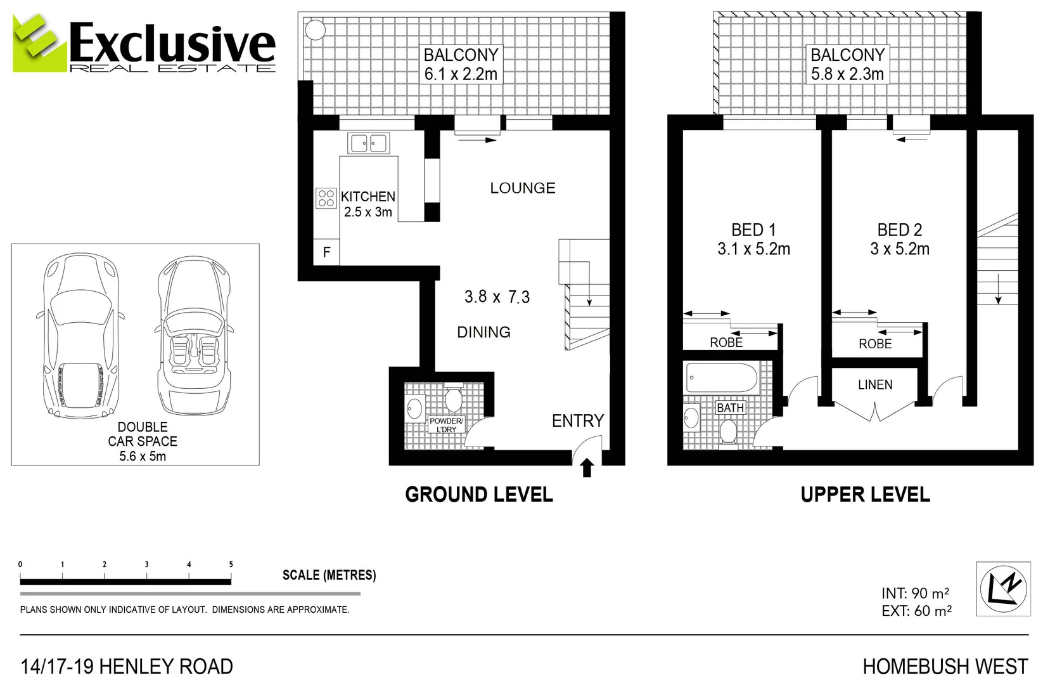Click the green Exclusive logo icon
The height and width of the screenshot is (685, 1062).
(39, 43)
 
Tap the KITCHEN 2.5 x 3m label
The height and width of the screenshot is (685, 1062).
(368, 204)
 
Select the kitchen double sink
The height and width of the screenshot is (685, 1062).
(368, 143)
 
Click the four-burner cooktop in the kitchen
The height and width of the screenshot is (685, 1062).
(326, 199)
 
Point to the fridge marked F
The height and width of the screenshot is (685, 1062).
(326, 252)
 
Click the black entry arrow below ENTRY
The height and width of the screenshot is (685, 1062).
(587, 467)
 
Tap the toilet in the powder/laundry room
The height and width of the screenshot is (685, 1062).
(454, 400)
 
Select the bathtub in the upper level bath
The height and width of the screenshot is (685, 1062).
(722, 378)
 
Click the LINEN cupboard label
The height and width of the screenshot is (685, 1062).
(875, 384)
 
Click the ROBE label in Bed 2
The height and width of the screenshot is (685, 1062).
(875, 344)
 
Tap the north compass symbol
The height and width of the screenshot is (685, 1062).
(1003, 589)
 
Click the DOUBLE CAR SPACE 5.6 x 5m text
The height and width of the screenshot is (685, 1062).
(143, 441)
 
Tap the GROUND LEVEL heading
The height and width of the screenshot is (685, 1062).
(479, 495)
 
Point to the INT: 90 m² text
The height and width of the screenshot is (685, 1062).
(915, 593)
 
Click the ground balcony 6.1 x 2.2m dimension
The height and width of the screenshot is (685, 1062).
(461, 74)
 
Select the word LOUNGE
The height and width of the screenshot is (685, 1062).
(523, 188)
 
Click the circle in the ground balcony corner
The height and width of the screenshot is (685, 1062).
(315, 30)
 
